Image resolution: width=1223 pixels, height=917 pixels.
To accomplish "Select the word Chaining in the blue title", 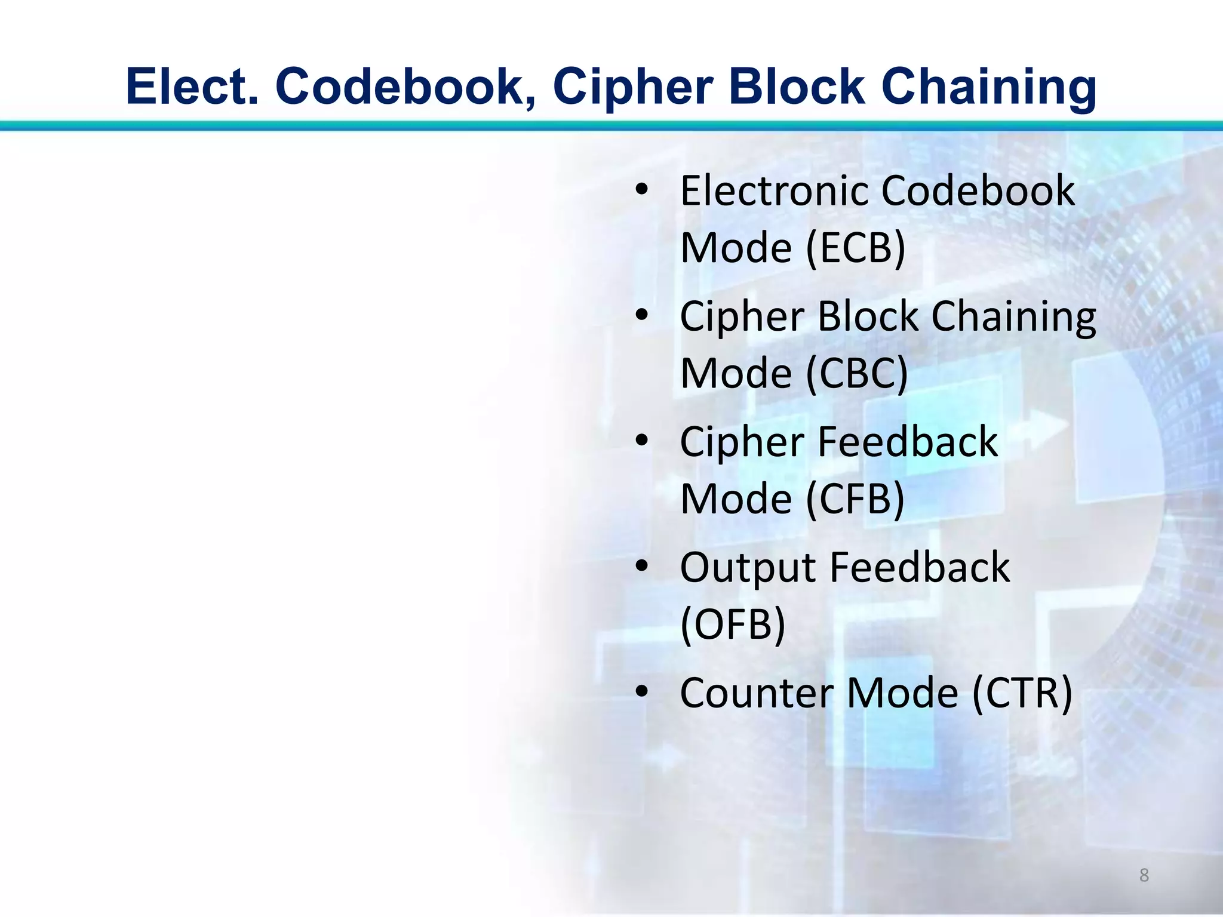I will click(988, 87).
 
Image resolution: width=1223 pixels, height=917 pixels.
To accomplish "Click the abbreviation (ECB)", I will click(856, 248).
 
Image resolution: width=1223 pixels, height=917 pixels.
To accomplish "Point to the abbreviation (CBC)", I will click(857, 373).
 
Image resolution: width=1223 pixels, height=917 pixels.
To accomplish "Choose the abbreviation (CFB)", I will click(856, 498).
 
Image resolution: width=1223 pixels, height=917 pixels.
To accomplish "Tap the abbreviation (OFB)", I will click(733, 624).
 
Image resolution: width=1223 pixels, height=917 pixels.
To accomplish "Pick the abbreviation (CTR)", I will click(1022, 693).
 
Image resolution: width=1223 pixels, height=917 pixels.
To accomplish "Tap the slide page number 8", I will click(1144, 875).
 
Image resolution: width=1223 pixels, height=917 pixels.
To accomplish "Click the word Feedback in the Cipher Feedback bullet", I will click(907, 442).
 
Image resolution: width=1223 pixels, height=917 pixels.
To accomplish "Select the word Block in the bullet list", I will click(868, 316).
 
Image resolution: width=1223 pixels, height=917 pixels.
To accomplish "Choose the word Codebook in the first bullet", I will click(978, 191).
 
